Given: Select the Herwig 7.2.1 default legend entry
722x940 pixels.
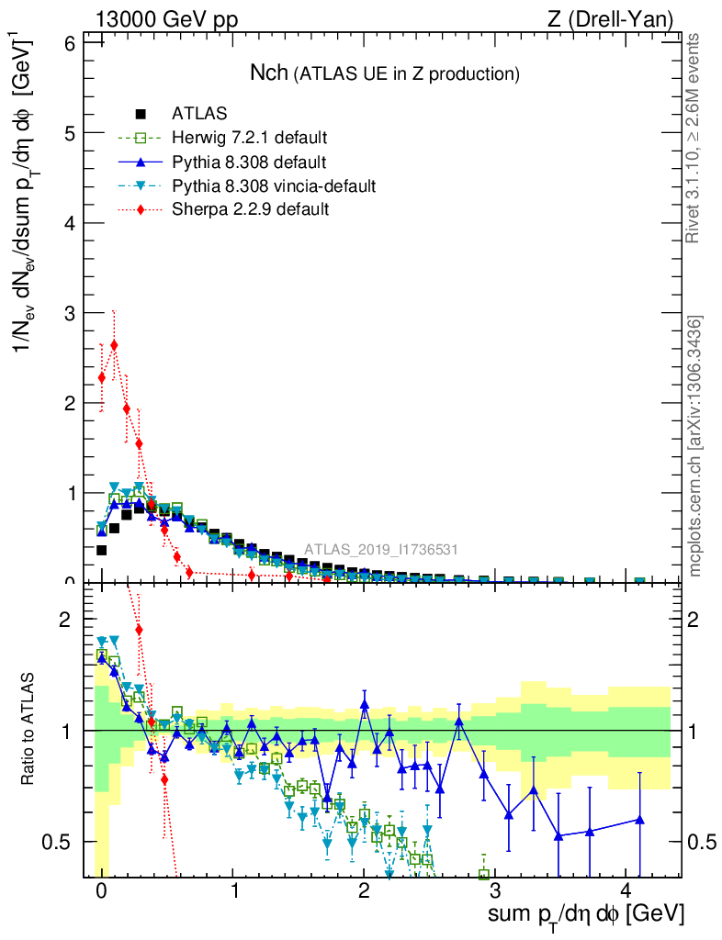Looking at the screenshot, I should click(x=249, y=139).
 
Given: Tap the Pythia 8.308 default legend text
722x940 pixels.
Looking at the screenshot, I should click(x=249, y=162).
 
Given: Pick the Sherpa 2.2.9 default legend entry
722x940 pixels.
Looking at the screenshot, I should click(x=251, y=209).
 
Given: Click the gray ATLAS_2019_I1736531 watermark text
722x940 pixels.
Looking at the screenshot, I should click(x=381, y=550).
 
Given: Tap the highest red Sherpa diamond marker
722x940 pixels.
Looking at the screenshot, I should click(x=114, y=345).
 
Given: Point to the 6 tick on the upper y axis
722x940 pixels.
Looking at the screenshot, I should click(x=66, y=42).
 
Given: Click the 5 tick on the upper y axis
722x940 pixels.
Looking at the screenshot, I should click(x=66, y=132).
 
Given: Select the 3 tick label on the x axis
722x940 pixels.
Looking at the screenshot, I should click(x=494, y=891).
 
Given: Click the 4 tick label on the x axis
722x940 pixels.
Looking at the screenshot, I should click(x=626, y=891).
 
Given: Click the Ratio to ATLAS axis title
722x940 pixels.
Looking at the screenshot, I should click(x=28, y=731).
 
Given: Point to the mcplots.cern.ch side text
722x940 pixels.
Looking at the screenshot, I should click(x=695, y=445).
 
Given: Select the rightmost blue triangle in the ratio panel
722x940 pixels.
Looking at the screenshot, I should click(x=639, y=819).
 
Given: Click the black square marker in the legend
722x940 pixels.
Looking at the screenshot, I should click(x=141, y=115).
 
